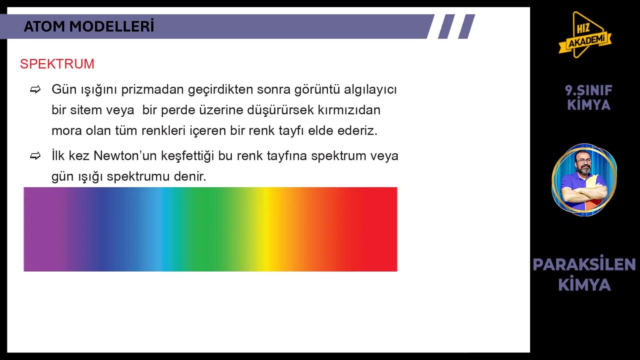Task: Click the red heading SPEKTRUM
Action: tap(57, 64)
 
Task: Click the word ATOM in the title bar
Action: tap(44, 27)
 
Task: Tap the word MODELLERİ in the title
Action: tap(112, 26)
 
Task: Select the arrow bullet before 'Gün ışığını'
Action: tap(35, 90)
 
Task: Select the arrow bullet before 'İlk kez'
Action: tap(35, 156)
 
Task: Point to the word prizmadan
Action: tap(152, 90)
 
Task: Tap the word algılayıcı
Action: tap(370, 90)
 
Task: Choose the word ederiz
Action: tap(357, 131)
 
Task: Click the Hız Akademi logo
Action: tap(585, 35)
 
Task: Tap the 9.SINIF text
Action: tap(588, 90)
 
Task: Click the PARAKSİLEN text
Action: tap(584, 264)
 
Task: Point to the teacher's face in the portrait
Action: tap(583, 163)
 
